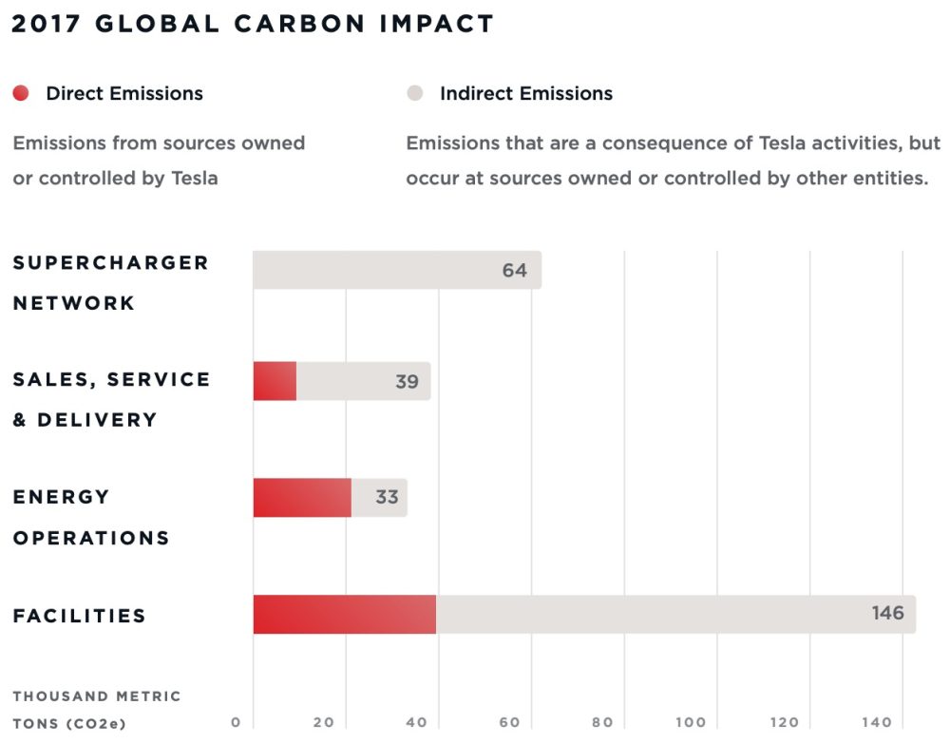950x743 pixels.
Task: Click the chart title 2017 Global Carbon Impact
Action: point(252,24)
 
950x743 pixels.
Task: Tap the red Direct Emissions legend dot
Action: point(21,93)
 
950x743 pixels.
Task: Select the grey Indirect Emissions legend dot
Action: point(414,93)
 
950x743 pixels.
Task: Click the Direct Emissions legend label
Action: point(124,93)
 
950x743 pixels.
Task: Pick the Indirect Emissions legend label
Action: point(525,93)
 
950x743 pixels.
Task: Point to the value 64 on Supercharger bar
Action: point(514,271)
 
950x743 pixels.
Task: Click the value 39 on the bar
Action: point(407,382)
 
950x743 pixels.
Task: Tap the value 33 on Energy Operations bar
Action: point(387,498)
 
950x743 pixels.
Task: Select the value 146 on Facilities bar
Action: point(887,613)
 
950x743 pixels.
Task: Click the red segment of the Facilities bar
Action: point(344,615)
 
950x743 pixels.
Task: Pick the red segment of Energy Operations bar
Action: point(302,498)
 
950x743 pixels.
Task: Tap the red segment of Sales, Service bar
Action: point(275,382)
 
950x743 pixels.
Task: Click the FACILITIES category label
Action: point(80,616)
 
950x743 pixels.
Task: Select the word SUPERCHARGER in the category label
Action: point(110,263)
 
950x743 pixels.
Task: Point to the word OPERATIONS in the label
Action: point(91,538)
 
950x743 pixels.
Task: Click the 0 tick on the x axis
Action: point(236,723)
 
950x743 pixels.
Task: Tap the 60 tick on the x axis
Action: point(510,723)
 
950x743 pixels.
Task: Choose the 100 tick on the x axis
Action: point(692,723)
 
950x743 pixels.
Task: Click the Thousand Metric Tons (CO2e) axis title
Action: point(96,710)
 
